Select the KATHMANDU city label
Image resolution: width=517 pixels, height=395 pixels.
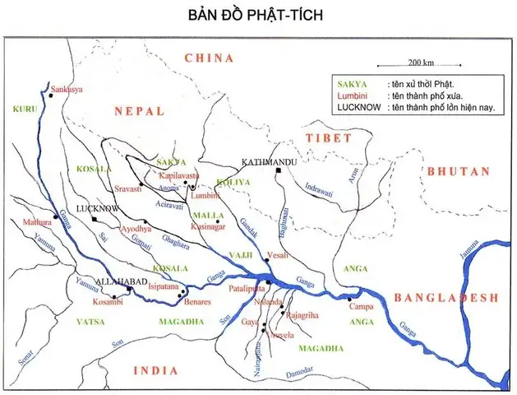(x=268, y=162)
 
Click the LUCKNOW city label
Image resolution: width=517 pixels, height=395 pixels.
(x=93, y=209)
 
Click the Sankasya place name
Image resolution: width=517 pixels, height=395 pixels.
(x=68, y=89)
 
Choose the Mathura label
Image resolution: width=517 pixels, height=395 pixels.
(x=36, y=222)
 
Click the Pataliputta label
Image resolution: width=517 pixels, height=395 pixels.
(x=247, y=289)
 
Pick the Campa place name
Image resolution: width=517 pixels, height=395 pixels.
(x=362, y=307)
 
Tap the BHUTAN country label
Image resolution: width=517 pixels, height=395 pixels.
(x=458, y=171)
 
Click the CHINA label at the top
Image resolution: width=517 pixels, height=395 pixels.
(x=210, y=58)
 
